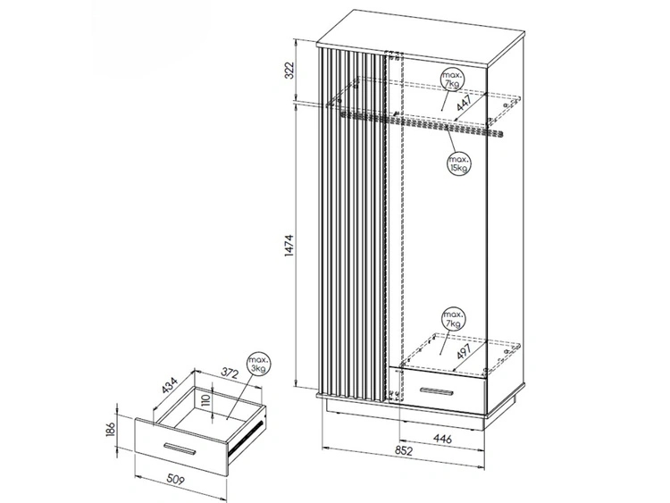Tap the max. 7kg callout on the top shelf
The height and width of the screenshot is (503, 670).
click(x=452, y=81)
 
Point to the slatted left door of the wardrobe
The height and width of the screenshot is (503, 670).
click(x=352, y=223)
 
